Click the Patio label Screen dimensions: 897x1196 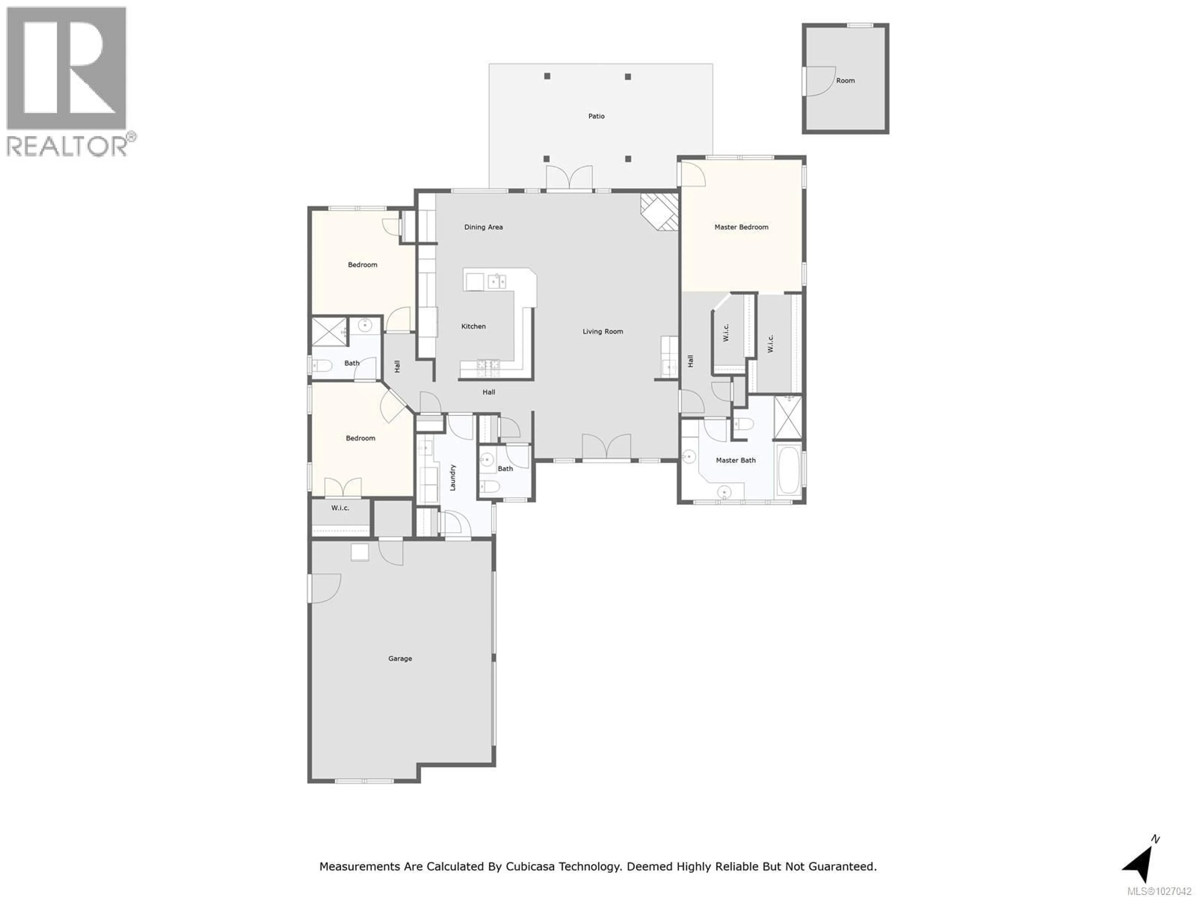coord(596,116)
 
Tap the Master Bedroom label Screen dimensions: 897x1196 coord(741,227)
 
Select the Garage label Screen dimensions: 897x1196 coord(400,658)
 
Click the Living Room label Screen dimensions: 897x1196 coord(602,331)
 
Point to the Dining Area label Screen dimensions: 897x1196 coord(483,227)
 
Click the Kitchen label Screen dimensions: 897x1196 coord(473,327)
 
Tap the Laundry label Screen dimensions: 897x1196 coord(453,477)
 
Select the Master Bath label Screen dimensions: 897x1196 coord(735,460)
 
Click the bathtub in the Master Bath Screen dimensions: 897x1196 coord(789,470)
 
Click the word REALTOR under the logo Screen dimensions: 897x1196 coord(66,146)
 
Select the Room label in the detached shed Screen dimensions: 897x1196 coord(845,81)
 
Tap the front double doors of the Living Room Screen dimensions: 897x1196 coord(606,447)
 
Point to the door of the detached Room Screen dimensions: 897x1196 coord(819,82)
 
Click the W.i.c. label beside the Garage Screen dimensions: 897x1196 coord(340,508)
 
